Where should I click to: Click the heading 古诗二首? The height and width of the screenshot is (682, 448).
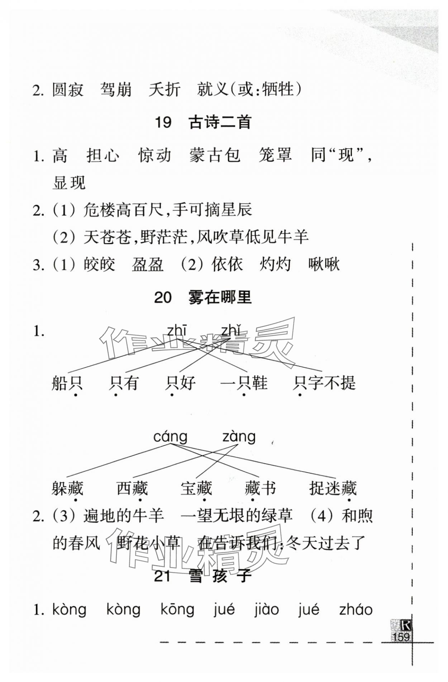click(x=220, y=123)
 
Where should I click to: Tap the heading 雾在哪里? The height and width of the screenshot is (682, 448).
click(x=220, y=297)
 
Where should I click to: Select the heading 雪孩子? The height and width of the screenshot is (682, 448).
click(x=220, y=576)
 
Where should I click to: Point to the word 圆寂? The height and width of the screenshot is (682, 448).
click(x=68, y=90)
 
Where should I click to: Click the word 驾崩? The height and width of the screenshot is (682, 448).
click(x=116, y=90)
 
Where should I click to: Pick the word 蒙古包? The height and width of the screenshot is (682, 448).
click(x=214, y=155)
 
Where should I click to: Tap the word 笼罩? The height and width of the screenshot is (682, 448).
click(x=275, y=155)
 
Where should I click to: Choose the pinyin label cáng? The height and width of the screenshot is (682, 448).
click(x=170, y=436)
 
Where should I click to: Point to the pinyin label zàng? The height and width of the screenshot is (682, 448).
click(x=239, y=436)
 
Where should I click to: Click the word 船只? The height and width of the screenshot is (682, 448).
click(x=67, y=383)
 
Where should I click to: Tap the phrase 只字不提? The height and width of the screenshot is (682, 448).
click(x=324, y=383)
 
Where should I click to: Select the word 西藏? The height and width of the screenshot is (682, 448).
click(x=132, y=488)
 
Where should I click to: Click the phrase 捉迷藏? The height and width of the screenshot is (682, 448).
click(x=333, y=488)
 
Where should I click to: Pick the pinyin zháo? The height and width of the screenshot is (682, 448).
click(x=356, y=609)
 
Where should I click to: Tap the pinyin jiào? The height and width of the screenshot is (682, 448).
click(x=266, y=609)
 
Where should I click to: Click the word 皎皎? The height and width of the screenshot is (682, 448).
click(x=99, y=265)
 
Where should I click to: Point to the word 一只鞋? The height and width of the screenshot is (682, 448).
click(x=244, y=383)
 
